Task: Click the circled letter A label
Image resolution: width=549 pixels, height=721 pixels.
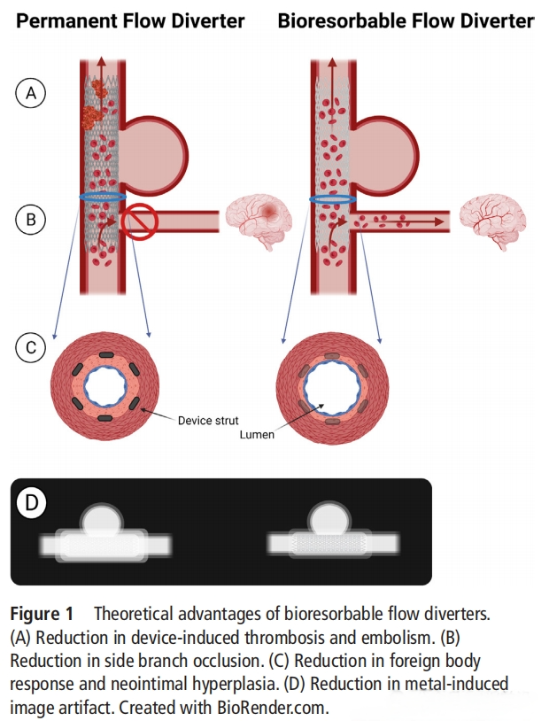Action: coord(31,92)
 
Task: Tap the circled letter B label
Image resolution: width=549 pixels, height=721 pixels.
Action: coord(31,219)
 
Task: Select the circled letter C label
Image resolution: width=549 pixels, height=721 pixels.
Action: coord(31,347)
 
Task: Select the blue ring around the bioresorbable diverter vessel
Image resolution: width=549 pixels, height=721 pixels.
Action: coord(333,199)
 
